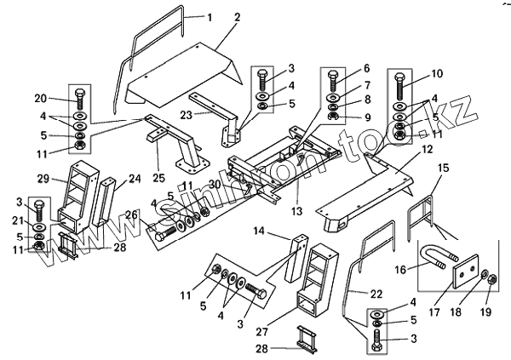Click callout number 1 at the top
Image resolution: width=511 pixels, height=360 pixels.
point(214,17)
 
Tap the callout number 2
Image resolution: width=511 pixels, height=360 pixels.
point(237,17)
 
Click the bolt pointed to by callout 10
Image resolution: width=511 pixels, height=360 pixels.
point(401,89)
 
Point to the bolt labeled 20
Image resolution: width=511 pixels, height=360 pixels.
point(79,95)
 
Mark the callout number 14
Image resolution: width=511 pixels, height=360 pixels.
point(259,231)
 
